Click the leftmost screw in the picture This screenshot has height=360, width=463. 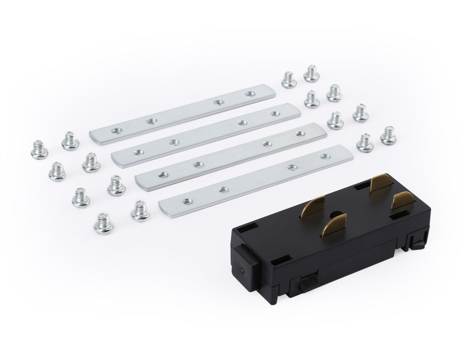tap(39, 150)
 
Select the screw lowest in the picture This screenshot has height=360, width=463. tap(103, 224)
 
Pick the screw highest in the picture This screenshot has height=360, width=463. tap(311, 73)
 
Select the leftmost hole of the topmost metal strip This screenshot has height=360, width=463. tap(115, 131)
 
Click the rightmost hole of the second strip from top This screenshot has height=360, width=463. tap(275, 113)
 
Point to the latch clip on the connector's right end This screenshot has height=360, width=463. tap(417, 242)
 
